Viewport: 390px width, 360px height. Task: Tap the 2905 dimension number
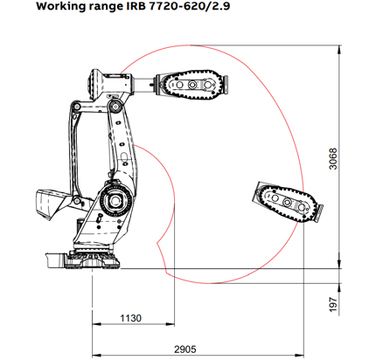(x=185, y=348)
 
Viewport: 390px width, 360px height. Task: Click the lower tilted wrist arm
(x=284, y=204)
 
